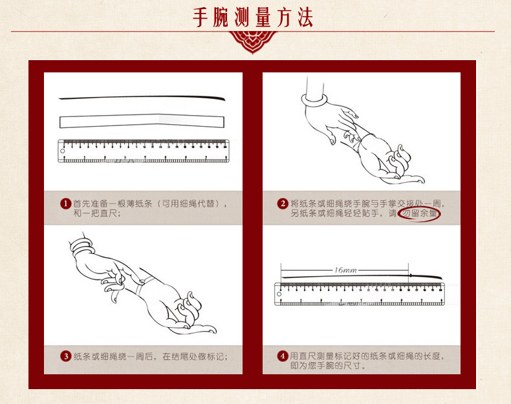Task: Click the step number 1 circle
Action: click(65, 204)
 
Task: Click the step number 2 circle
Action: click(283, 204)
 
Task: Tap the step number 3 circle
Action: click(65, 356)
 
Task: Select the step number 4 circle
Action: click(283, 356)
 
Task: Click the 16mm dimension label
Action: click(345, 270)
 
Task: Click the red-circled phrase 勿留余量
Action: click(420, 213)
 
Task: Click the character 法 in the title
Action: click(305, 17)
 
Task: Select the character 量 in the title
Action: click(263, 17)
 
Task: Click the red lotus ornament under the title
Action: click(253, 41)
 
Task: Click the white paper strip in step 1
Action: click(142, 121)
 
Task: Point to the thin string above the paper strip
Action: click(142, 97)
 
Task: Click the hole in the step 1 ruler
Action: click(62, 151)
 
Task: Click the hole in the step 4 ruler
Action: click(279, 294)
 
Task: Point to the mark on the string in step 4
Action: click(411, 276)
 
